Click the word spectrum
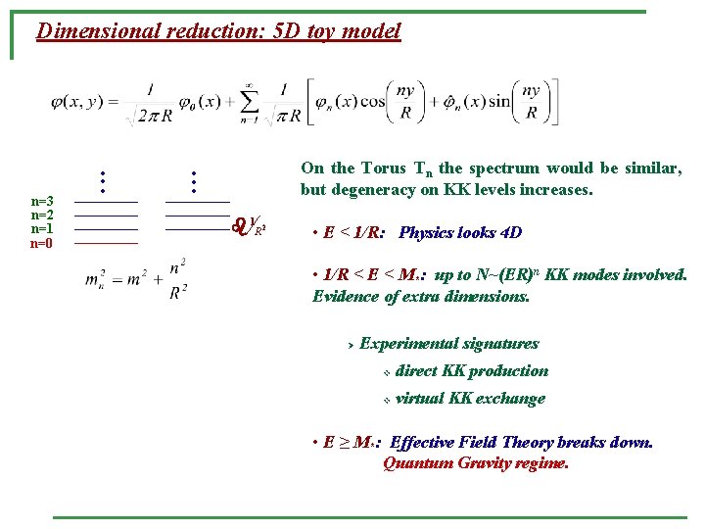tap(505, 168)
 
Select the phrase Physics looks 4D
tap(460, 233)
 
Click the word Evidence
tap(349, 295)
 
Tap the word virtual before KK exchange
tap(419, 399)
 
